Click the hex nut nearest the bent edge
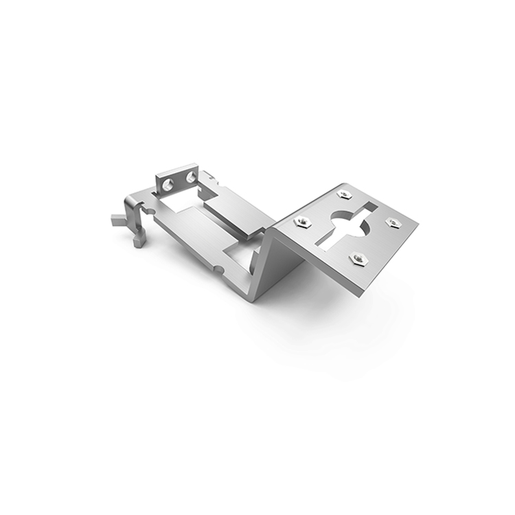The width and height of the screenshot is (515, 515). (x=302, y=221)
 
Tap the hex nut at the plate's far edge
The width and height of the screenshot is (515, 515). (x=345, y=194)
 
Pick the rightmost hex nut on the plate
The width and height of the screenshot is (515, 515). (x=393, y=221)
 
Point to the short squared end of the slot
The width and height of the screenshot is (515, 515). (x=368, y=207)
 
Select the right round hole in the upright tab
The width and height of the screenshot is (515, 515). (x=190, y=178)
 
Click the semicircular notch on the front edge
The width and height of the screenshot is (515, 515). (x=218, y=268)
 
